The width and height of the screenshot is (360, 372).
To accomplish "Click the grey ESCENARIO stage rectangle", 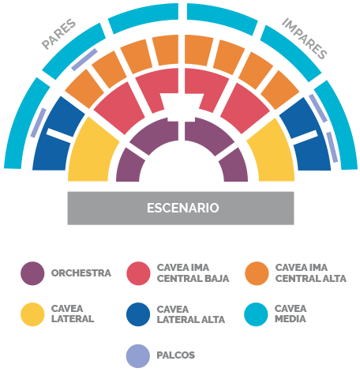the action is pos(181,208).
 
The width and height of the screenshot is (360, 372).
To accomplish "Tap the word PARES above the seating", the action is pos(58,34).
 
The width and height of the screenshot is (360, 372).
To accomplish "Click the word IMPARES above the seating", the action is pos(305,39).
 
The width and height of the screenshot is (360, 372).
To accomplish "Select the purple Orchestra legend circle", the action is pos(32,273).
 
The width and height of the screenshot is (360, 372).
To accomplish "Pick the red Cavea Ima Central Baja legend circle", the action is pos(138,273).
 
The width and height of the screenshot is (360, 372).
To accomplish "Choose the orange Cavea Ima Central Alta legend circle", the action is pos(257,273).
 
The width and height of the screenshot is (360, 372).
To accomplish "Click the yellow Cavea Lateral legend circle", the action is pos(32,314).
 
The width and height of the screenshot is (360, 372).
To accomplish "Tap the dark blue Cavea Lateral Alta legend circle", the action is pos(138,314).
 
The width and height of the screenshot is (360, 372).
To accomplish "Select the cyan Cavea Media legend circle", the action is pos(256,314).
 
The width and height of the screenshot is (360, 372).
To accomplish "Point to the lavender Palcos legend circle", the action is pos(138,356).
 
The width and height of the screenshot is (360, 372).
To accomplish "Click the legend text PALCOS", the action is pos(176,355).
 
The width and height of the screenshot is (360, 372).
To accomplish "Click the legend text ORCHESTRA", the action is pos(81,273).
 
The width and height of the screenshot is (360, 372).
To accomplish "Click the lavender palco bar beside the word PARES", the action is pos(84,59).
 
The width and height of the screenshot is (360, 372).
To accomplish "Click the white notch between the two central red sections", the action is pos(182,107).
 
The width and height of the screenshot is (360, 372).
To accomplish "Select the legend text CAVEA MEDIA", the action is pos(291,314).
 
